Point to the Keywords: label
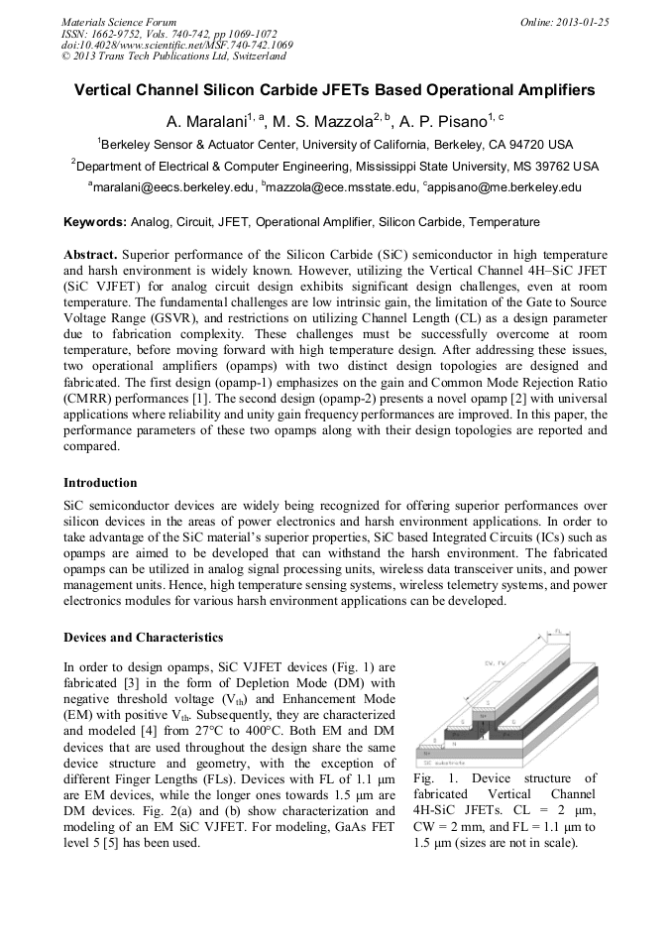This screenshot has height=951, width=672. coord(95,222)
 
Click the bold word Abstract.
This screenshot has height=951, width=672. coord(91,255)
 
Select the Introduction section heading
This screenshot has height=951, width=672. coord(100,483)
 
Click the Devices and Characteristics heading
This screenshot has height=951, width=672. coord(143,637)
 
